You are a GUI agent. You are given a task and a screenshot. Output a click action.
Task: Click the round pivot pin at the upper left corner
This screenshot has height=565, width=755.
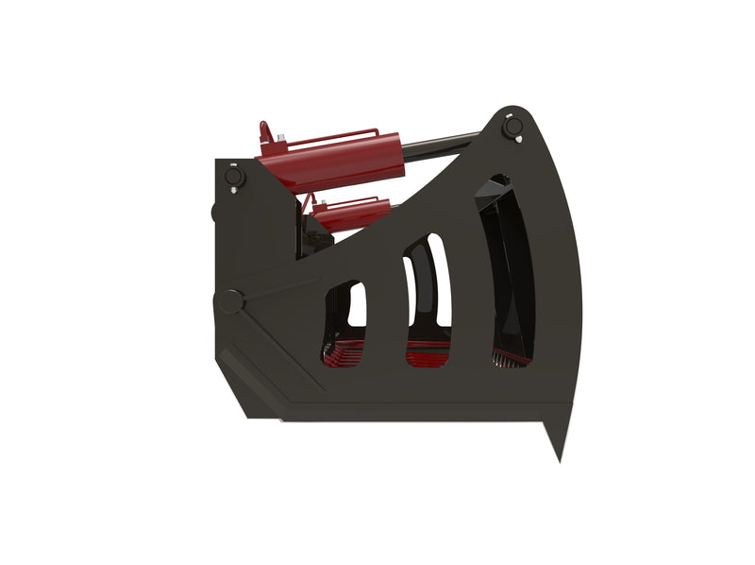click(x=232, y=177)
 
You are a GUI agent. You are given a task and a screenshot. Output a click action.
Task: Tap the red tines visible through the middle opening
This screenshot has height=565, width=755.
click(x=428, y=355)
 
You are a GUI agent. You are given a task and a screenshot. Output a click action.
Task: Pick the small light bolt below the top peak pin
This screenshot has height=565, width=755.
click(x=518, y=142)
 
